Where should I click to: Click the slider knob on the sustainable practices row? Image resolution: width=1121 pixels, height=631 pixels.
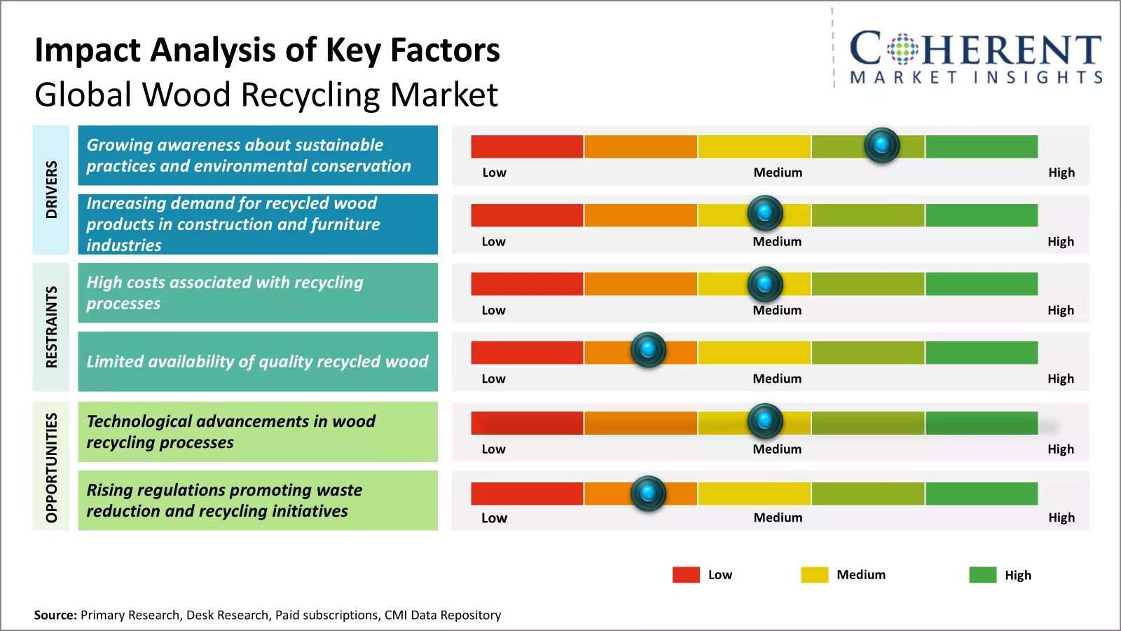coord(881,145)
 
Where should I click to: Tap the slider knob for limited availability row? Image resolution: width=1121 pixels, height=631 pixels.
coord(648,349)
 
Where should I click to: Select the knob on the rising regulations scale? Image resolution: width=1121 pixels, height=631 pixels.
coord(648,493)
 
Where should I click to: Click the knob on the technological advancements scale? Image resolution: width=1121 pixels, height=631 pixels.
coord(765,421)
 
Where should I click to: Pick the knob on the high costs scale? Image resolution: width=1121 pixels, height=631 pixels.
coord(765,284)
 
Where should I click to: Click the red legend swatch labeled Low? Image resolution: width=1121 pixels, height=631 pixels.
coord(686,575)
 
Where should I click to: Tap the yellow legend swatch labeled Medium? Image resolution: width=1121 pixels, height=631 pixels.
coord(814,575)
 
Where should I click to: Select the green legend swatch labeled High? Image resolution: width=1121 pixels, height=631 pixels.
coord(982,575)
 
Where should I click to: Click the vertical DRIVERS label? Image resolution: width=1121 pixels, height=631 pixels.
coord(51,189)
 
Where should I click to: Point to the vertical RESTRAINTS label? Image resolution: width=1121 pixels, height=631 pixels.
coord(51,327)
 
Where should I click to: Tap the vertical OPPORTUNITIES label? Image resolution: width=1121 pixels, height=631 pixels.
coord(51,467)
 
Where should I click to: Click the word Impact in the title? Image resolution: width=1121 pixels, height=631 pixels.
coord(88,50)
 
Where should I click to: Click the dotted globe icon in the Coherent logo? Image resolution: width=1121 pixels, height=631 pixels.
coord(902,49)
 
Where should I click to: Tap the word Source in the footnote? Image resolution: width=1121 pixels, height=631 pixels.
coord(55,615)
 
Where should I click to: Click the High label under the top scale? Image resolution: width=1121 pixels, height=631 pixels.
coord(1061,172)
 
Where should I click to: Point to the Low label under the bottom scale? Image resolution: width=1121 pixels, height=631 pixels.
coord(494,518)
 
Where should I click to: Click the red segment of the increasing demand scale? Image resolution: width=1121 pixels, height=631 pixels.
coord(527,215)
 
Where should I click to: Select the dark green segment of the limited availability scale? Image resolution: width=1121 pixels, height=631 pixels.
coord(981,353)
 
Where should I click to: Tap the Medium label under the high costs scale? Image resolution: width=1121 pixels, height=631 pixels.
coord(777,310)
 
